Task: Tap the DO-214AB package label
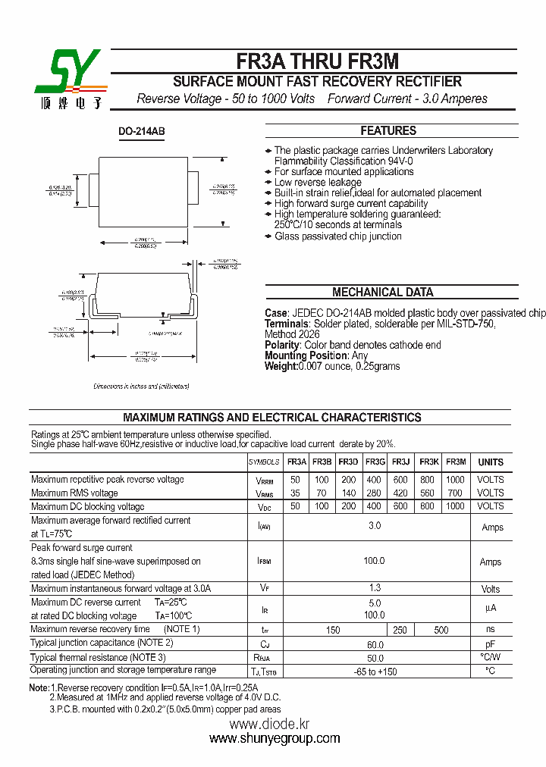(141, 132)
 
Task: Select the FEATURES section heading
(388, 130)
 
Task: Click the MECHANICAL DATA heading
(383, 293)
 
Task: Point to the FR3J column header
(401, 462)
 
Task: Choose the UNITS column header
(491, 462)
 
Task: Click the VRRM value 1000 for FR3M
(455, 480)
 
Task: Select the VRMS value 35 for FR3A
(295, 493)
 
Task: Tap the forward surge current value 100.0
(375, 561)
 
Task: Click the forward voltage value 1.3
(375, 588)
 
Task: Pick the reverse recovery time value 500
(441, 630)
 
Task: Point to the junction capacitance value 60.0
(375, 644)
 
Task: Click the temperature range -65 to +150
(375, 672)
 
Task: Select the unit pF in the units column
(491, 643)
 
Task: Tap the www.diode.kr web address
(270, 724)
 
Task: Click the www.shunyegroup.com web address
(270, 739)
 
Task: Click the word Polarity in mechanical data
(282, 345)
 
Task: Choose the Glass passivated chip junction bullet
(337, 236)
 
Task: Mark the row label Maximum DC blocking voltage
(87, 506)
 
